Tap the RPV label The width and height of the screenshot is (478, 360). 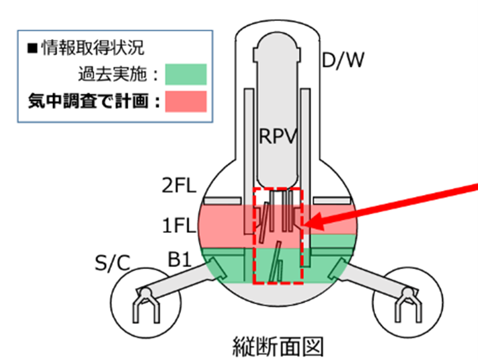coord(278,138)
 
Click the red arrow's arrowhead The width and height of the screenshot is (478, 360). coord(309,222)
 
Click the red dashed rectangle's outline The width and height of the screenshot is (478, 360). coord(253,236)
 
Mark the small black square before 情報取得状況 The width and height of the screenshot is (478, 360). coord(32,48)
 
